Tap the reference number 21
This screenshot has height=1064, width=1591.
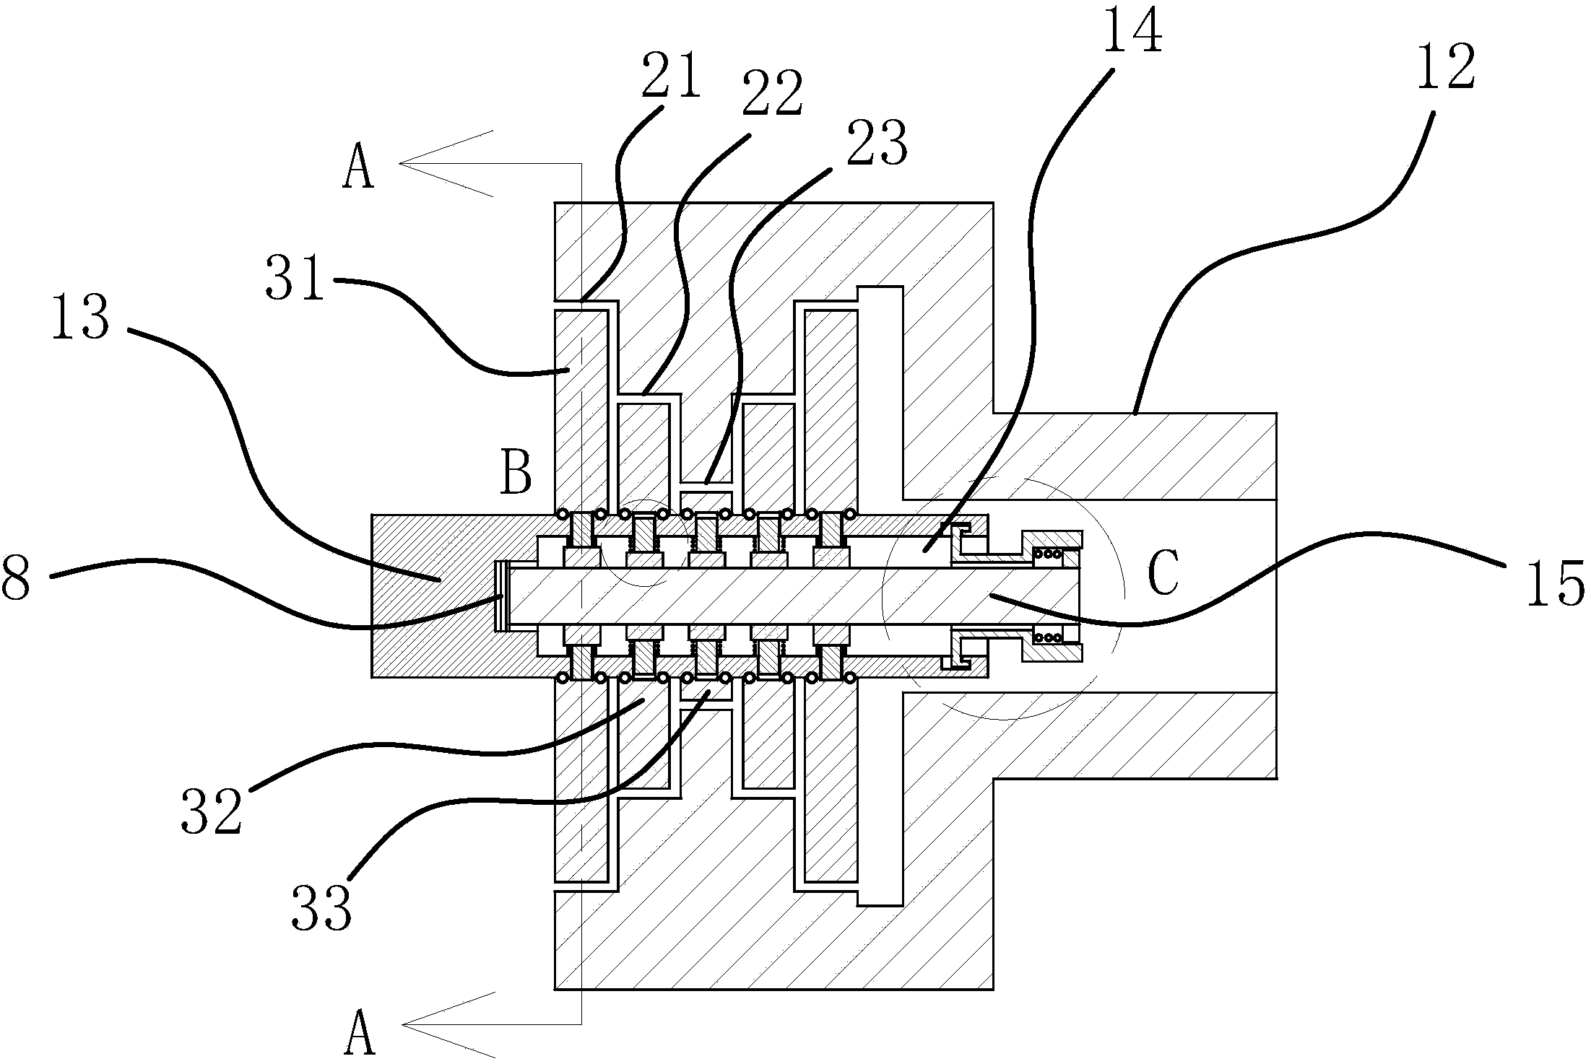(671, 75)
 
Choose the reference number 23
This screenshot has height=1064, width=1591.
(875, 144)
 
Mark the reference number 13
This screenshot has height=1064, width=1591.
(80, 318)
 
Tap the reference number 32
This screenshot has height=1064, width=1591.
(211, 810)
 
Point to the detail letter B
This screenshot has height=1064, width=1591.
(516, 473)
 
